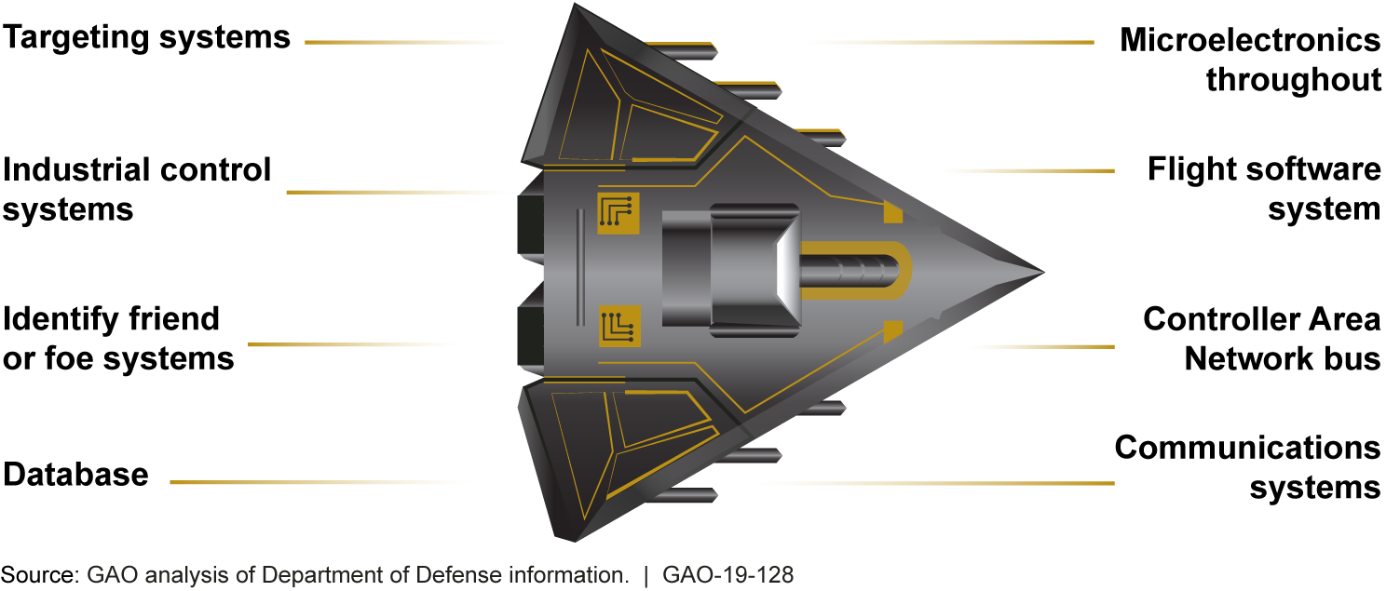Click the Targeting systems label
(146, 37)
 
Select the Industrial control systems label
(137, 190)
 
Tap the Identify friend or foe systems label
(118, 339)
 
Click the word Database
(76, 475)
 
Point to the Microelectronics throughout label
(1249, 60)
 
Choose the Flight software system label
(1263, 189)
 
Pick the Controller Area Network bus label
(1261, 339)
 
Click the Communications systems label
(1247, 466)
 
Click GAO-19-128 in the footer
(727, 575)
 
